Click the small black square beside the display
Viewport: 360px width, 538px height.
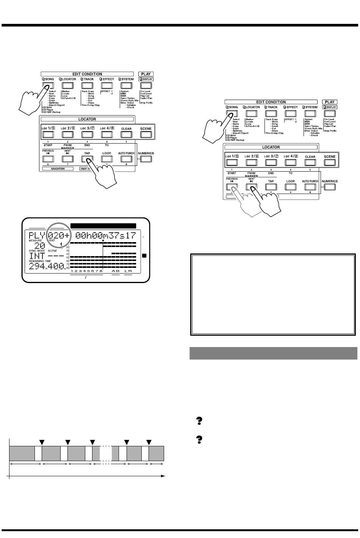pyautogui.click(x=144, y=256)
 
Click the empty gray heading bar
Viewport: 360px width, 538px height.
pyautogui.click(x=273, y=353)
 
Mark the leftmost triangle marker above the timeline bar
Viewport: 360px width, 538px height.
pyautogui.click(x=42, y=442)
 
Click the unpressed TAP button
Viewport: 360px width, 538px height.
pyautogui.click(x=271, y=187)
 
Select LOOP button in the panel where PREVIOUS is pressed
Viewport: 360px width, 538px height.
pyautogui.click(x=291, y=187)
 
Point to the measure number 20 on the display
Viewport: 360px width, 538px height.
pyautogui.click(x=40, y=246)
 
